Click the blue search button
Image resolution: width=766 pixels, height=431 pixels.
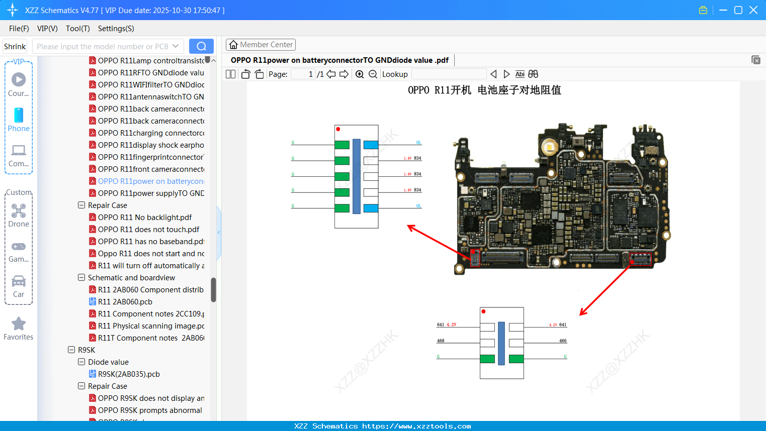point(201,46)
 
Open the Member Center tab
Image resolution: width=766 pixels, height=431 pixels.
point(261,45)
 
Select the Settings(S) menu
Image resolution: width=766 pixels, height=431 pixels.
point(116,29)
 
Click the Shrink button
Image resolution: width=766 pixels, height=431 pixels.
point(15,46)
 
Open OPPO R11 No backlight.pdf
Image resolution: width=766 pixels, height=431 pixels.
point(144,218)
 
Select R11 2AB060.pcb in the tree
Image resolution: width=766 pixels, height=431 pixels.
point(125,302)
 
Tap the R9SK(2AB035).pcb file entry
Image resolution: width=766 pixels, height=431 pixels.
point(129,374)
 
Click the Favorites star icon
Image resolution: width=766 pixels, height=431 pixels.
point(19,324)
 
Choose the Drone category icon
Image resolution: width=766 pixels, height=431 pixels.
point(19,211)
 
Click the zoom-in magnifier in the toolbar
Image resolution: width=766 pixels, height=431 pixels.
point(360,74)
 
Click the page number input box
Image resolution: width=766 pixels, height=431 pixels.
point(303,74)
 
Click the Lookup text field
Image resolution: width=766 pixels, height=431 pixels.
point(449,74)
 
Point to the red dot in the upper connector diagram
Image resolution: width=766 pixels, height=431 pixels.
point(338,129)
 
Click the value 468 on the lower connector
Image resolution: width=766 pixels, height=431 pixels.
point(441,341)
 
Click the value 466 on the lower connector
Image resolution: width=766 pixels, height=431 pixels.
point(563,341)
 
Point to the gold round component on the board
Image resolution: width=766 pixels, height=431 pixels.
point(549,147)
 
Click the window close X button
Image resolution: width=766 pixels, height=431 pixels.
point(753,10)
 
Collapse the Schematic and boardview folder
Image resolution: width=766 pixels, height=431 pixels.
point(81,278)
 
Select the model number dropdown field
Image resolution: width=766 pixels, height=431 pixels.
point(108,46)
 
